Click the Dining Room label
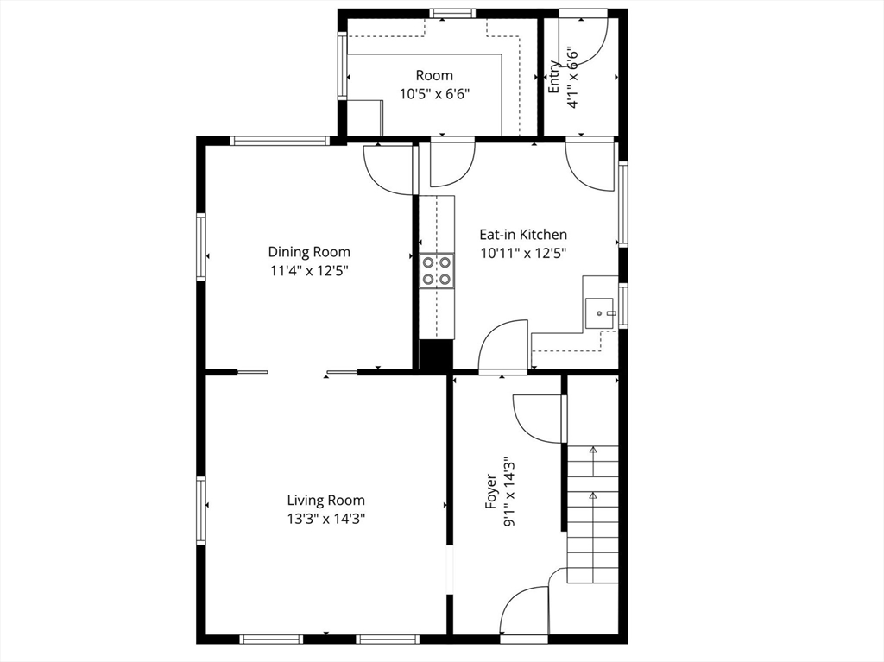coord(309,252)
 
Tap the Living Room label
coord(325,500)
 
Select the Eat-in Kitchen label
coord(523,235)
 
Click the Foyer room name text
coord(490,492)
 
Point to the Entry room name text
coord(553,77)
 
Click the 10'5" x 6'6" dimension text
coord(435,93)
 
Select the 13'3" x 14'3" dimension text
coord(326,519)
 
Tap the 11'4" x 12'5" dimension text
coord(309,271)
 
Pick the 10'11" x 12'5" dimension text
coord(523,253)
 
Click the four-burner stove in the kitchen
coord(436,271)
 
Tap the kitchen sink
coord(600,313)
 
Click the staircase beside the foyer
coord(592,514)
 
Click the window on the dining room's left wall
coord(200,247)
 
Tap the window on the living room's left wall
coord(200,510)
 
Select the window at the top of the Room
coord(452,13)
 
